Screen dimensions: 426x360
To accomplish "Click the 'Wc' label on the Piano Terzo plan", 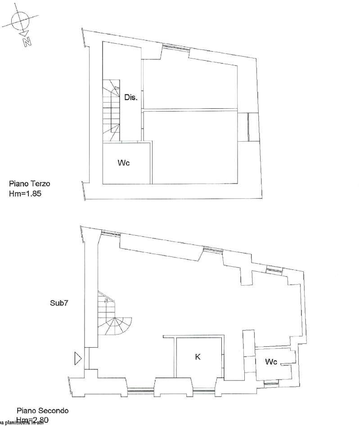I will pyautogui.click(x=124, y=163).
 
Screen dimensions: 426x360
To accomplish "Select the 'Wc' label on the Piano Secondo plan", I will pyautogui.click(x=283, y=362).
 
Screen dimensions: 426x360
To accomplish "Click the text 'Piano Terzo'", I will pyautogui.click(x=30, y=184).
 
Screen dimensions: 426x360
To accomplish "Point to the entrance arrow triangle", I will pyautogui.click(x=78, y=359).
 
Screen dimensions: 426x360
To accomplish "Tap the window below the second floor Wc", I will pyautogui.click(x=271, y=382).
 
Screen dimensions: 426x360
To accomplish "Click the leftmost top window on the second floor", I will pyautogui.click(x=111, y=233).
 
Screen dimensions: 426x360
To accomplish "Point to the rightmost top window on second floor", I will pyautogui.click(x=274, y=269).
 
